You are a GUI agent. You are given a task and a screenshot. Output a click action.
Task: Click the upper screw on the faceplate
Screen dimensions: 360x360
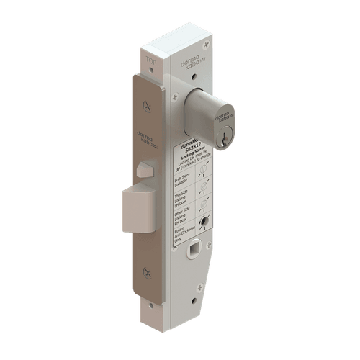click(x=148, y=105)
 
